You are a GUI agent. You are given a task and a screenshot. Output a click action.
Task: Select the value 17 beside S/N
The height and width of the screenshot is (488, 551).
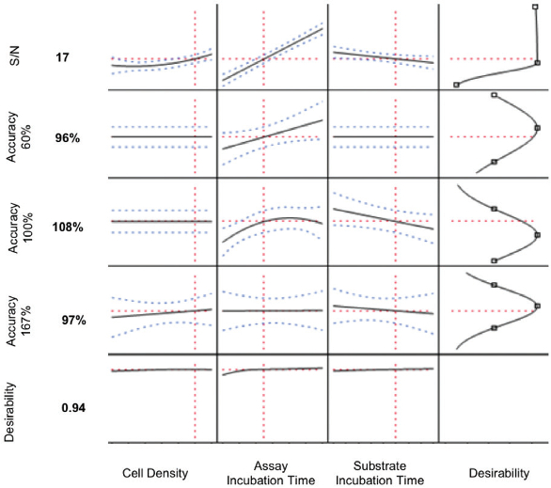[63, 57]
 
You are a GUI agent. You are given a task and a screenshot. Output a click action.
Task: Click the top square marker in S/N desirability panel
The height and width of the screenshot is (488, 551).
[535, 7]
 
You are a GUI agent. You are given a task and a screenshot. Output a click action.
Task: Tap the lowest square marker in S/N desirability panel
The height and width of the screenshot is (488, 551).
[457, 85]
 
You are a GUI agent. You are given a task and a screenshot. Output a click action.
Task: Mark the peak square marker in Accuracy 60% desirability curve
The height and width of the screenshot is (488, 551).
[538, 128]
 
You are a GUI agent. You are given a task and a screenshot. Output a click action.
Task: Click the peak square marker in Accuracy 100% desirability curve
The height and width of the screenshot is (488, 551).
[537, 235]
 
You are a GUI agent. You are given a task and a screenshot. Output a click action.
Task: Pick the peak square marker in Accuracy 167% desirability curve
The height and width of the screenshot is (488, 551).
[537, 305]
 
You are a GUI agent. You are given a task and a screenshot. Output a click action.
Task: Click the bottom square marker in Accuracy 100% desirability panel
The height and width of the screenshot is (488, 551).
[494, 260]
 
